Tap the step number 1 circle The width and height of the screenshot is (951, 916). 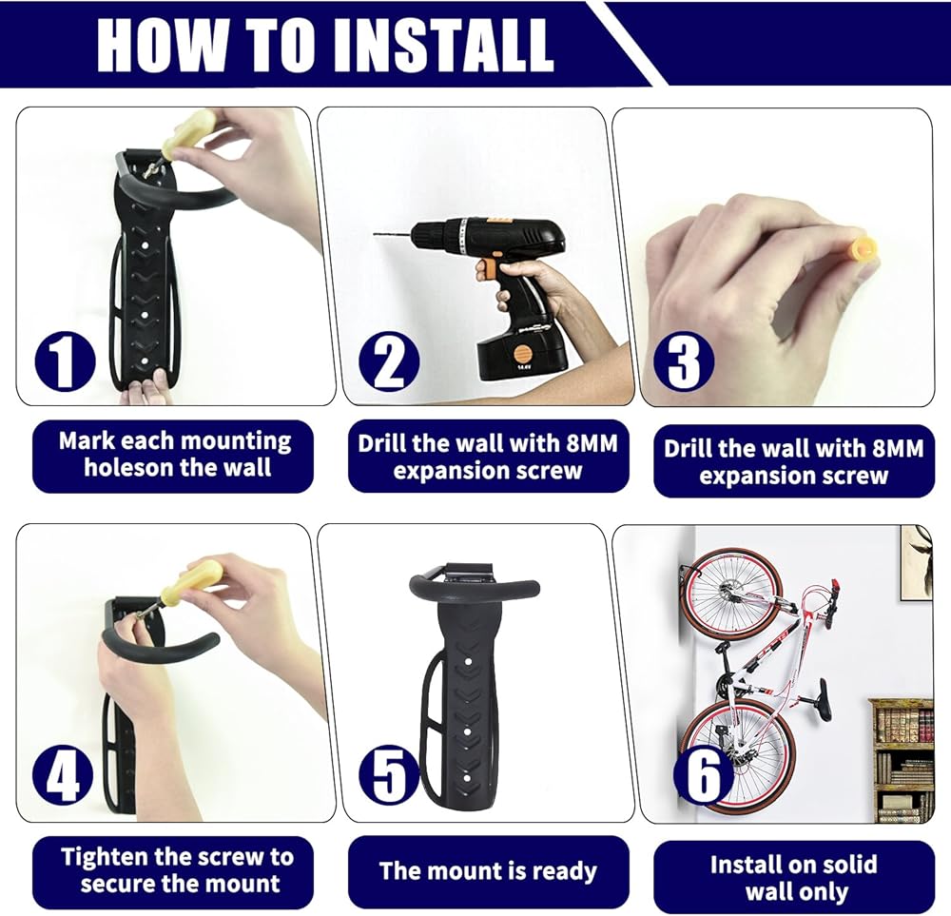(x=65, y=362)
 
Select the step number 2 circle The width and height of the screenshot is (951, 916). (x=389, y=362)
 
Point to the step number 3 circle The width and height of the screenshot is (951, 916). (x=684, y=361)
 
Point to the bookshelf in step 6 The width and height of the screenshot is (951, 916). (x=902, y=759)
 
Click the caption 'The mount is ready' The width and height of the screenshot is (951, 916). (x=488, y=871)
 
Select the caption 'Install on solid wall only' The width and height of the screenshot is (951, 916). (x=794, y=878)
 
